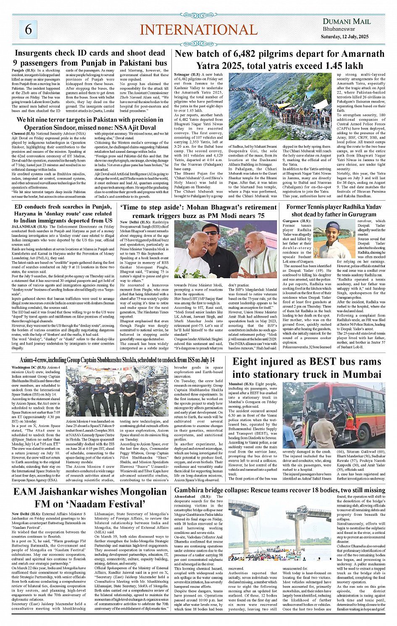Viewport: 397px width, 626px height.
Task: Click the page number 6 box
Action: pyautogui.click(x=28, y=29)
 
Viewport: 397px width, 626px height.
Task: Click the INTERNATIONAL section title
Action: pyautogui.click(x=198, y=30)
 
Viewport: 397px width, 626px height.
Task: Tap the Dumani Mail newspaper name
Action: pyautogui.click(x=346, y=21)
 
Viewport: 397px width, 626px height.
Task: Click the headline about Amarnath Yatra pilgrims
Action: pyautogui.click(x=279, y=60)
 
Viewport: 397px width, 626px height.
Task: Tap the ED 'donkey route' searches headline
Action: pyautogui.click(x=63, y=213)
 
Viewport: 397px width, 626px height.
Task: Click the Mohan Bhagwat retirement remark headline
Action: pyautogui.click(x=198, y=211)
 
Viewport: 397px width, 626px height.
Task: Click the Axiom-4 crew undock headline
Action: pyautogui.click(x=117, y=360)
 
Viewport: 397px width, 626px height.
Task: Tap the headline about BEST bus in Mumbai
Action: pyautogui.click(x=307, y=368)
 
